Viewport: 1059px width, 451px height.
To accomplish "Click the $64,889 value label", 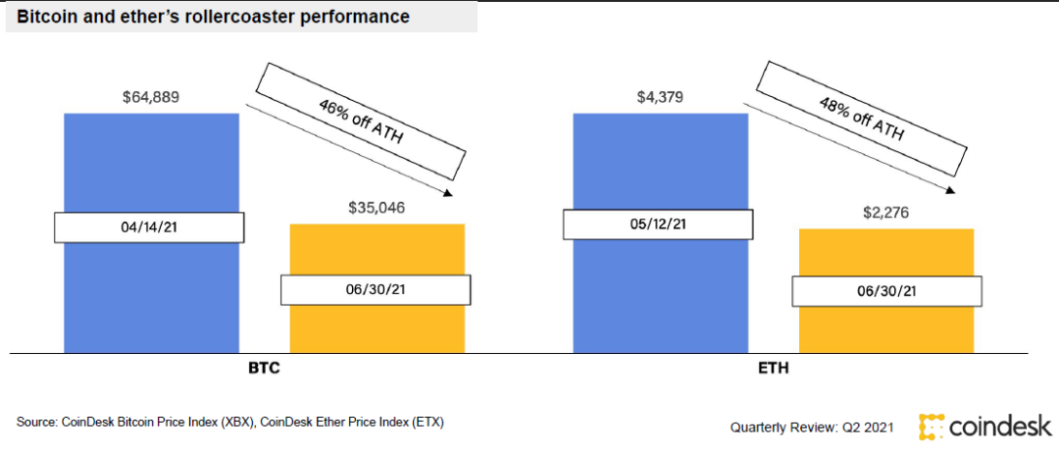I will (x=151, y=97).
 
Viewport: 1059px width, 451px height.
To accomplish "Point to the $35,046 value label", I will (x=377, y=208).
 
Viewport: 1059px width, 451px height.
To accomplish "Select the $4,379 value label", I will (x=660, y=97).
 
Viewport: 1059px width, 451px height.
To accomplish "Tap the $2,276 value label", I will (x=886, y=212).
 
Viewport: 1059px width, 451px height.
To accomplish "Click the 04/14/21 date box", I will (x=148, y=227).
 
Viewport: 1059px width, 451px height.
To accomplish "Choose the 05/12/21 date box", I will (x=658, y=224).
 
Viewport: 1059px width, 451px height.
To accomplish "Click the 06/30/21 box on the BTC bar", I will (x=376, y=290).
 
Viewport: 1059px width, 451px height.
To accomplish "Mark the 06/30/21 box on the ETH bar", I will (x=884, y=291).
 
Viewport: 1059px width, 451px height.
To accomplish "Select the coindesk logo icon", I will (x=931, y=426).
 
